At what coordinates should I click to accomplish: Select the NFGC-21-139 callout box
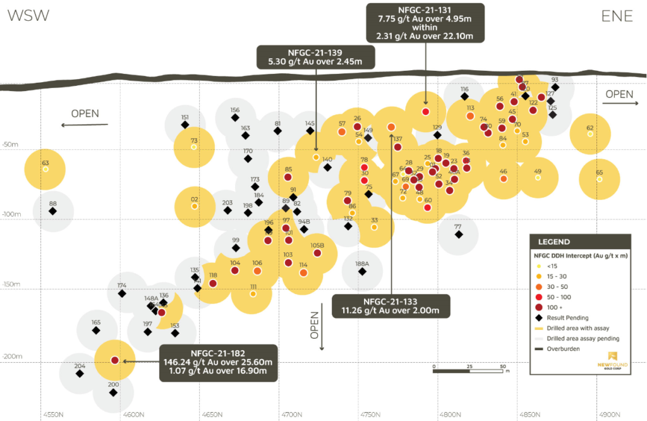(316, 56)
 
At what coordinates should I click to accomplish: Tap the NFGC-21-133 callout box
(392, 305)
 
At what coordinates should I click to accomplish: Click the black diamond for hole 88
(52, 211)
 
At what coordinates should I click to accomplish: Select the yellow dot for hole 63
(45, 169)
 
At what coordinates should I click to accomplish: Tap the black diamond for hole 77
(459, 235)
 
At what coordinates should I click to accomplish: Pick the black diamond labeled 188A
(362, 271)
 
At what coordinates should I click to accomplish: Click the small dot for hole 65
(600, 180)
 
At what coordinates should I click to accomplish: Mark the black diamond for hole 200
(113, 393)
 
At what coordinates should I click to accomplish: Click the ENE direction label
(617, 16)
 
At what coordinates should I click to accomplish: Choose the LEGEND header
(554, 242)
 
